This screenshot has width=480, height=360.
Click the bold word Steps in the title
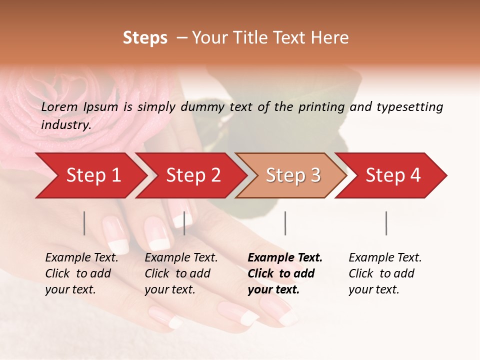click(x=145, y=38)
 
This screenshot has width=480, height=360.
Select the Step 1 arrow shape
click(x=93, y=175)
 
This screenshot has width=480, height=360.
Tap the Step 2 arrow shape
click(x=193, y=175)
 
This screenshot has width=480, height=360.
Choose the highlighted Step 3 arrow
click(x=293, y=175)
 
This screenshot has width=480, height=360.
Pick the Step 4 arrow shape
click(x=393, y=175)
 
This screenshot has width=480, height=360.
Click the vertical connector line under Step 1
click(x=84, y=223)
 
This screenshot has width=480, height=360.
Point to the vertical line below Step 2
click(x=184, y=223)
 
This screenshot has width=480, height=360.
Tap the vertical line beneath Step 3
click(x=285, y=223)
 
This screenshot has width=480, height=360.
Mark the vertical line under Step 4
click(x=386, y=223)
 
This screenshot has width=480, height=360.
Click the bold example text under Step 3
click(x=285, y=273)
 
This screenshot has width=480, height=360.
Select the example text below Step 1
click(x=81, y=273)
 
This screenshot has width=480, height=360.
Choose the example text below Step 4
click(x=385, y=273)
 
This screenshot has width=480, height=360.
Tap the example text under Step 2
click(x=181, y=273)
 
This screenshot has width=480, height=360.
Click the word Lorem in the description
click(x=59, y=107)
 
